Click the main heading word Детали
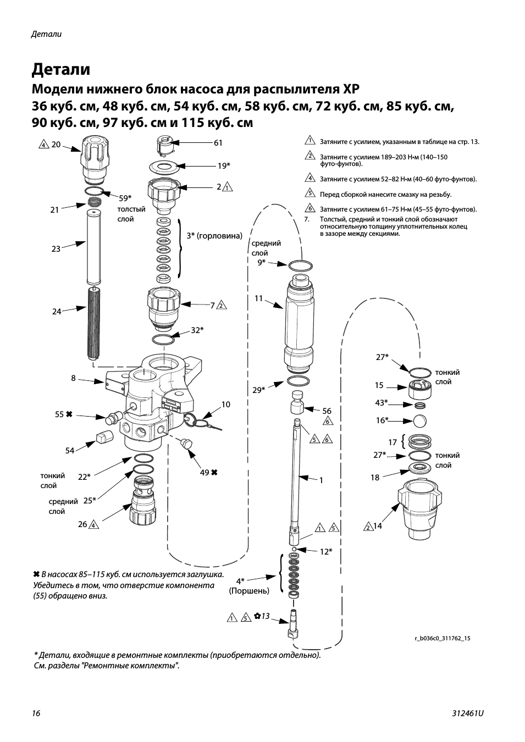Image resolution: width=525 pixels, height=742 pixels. pyautogui.click(x=60, y=70)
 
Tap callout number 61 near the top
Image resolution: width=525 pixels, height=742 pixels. pyautogui.click(x=218, y=143)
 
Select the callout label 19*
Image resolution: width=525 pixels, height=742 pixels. pyautogui.click(x=223, y=165)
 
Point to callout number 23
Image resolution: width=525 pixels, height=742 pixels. pyautogui.click(x=56, y=249)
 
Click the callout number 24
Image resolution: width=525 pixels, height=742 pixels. pyautogui.click(x=57, y=312)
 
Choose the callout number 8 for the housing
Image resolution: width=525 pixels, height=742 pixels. pyautogui.click(x=73, y=378)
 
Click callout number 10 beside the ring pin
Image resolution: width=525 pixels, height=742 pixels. pyautogui.click(x=226, y=405)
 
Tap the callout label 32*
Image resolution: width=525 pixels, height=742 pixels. pyautogui.click(x=197, y=330)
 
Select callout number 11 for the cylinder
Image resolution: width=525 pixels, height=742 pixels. pyautogui.click(x=259, y=299)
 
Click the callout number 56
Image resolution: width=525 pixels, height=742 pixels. pyautogui.click(x=327, y=411)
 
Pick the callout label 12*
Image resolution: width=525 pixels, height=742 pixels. pyautogui.click(x=326, y=551)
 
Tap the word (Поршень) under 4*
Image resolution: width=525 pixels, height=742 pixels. pyautogui.click(x=249, y=591)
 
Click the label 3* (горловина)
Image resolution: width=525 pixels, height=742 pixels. pyautogui.click(x=214, y=236)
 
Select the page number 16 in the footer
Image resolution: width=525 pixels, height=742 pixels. pyautogui.click(x=36, y=713)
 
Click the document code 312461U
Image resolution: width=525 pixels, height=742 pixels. pyautogui.click(x=468, y=713)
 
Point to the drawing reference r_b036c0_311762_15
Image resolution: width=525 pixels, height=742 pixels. pyautogui.click(x=443, y=639)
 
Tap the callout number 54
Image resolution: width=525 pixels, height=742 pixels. pyautogui.click(x=70, y=451)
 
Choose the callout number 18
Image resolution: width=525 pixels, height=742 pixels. pyautogui.click(x=375, y=478)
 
